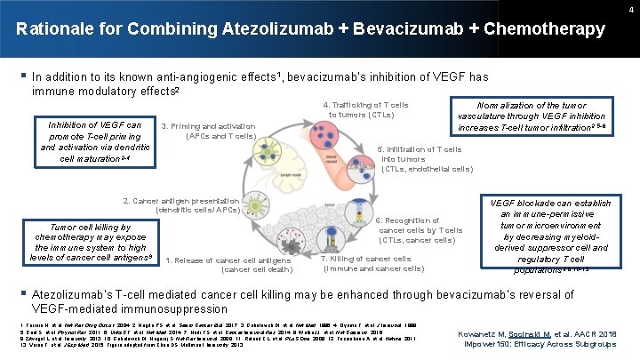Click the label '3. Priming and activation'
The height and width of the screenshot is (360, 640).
[208, 131]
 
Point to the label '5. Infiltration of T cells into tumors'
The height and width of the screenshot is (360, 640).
[426, 159]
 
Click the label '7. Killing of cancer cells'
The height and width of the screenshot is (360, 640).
[373, 263]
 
